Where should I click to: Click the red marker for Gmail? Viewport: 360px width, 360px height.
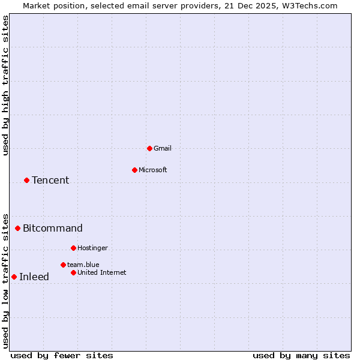pos(149,148)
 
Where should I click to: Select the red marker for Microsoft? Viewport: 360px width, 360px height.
pos(134,170)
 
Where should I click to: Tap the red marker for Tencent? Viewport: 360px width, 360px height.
pos(26,180)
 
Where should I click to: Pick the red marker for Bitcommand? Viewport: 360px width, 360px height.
pos(17,228)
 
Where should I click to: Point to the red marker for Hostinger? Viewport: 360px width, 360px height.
pos(73,248)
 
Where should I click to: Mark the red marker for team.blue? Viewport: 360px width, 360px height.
pos(63,265)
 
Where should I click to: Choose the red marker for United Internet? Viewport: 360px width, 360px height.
pos(73,272)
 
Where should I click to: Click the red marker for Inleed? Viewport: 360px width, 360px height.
pos(14,277)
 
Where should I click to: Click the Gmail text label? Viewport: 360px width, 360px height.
pos(163,148)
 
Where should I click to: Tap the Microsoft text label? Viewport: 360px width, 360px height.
pos(153,170)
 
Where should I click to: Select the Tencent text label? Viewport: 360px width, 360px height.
pos(50,180)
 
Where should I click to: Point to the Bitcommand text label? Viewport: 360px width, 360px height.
pos(53,228)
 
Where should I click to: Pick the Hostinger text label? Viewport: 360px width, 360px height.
pos(92,248)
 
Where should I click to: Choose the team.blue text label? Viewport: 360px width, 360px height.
pos(83,265)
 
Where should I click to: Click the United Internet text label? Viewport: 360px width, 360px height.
pos(102,272)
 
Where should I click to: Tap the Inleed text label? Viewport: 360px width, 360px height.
pos(34,277)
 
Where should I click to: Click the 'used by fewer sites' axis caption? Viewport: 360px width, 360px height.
pos(62,355)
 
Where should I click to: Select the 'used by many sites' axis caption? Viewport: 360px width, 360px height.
pos(301,355)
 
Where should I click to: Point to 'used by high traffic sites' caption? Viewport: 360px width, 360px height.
pos(6,85)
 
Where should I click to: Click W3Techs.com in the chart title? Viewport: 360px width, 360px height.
pos(309,5)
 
